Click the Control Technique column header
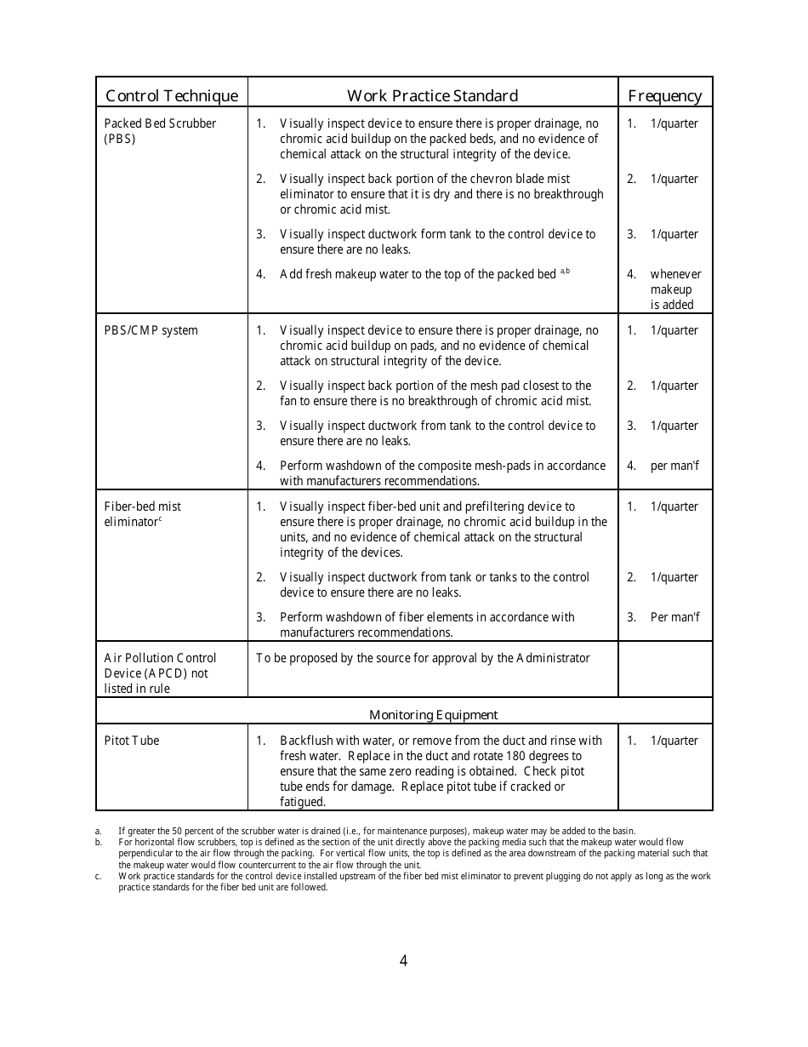171,95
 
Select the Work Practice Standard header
432,95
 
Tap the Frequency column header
664,95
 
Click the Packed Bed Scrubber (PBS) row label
160,131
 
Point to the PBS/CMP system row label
151,330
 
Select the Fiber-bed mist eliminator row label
142,514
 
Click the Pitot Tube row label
132,741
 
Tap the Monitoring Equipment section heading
433,715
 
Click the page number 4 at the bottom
403,961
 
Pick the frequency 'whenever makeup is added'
675,289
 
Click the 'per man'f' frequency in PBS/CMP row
674,466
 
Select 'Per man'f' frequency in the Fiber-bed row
674,617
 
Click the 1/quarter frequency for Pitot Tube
674,741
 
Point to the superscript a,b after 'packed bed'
565,271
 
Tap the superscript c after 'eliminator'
160,518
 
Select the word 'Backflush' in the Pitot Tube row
307,741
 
